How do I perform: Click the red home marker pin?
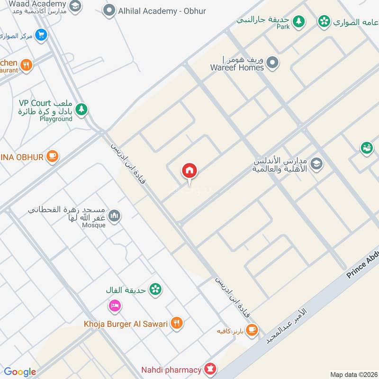[189, 171]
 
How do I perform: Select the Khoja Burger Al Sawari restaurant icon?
[176, 324]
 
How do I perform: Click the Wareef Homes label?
[237, 67]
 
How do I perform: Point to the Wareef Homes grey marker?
[272, 62]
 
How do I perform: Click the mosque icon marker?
[114, 217]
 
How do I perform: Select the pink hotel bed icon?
[114, 306]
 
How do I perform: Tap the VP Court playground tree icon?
[81, 109]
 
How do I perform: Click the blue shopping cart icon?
[41, 35]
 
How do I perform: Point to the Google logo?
[20, 372]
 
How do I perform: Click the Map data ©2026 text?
[353, 374]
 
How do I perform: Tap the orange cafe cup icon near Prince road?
[252, 330]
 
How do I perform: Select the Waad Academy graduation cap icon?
[74, 6]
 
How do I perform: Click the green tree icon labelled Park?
[298, 21]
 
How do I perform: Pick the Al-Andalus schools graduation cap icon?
[316, 164]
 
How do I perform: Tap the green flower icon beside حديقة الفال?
[155, 289]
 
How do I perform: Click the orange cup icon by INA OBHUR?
[52, 156]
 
